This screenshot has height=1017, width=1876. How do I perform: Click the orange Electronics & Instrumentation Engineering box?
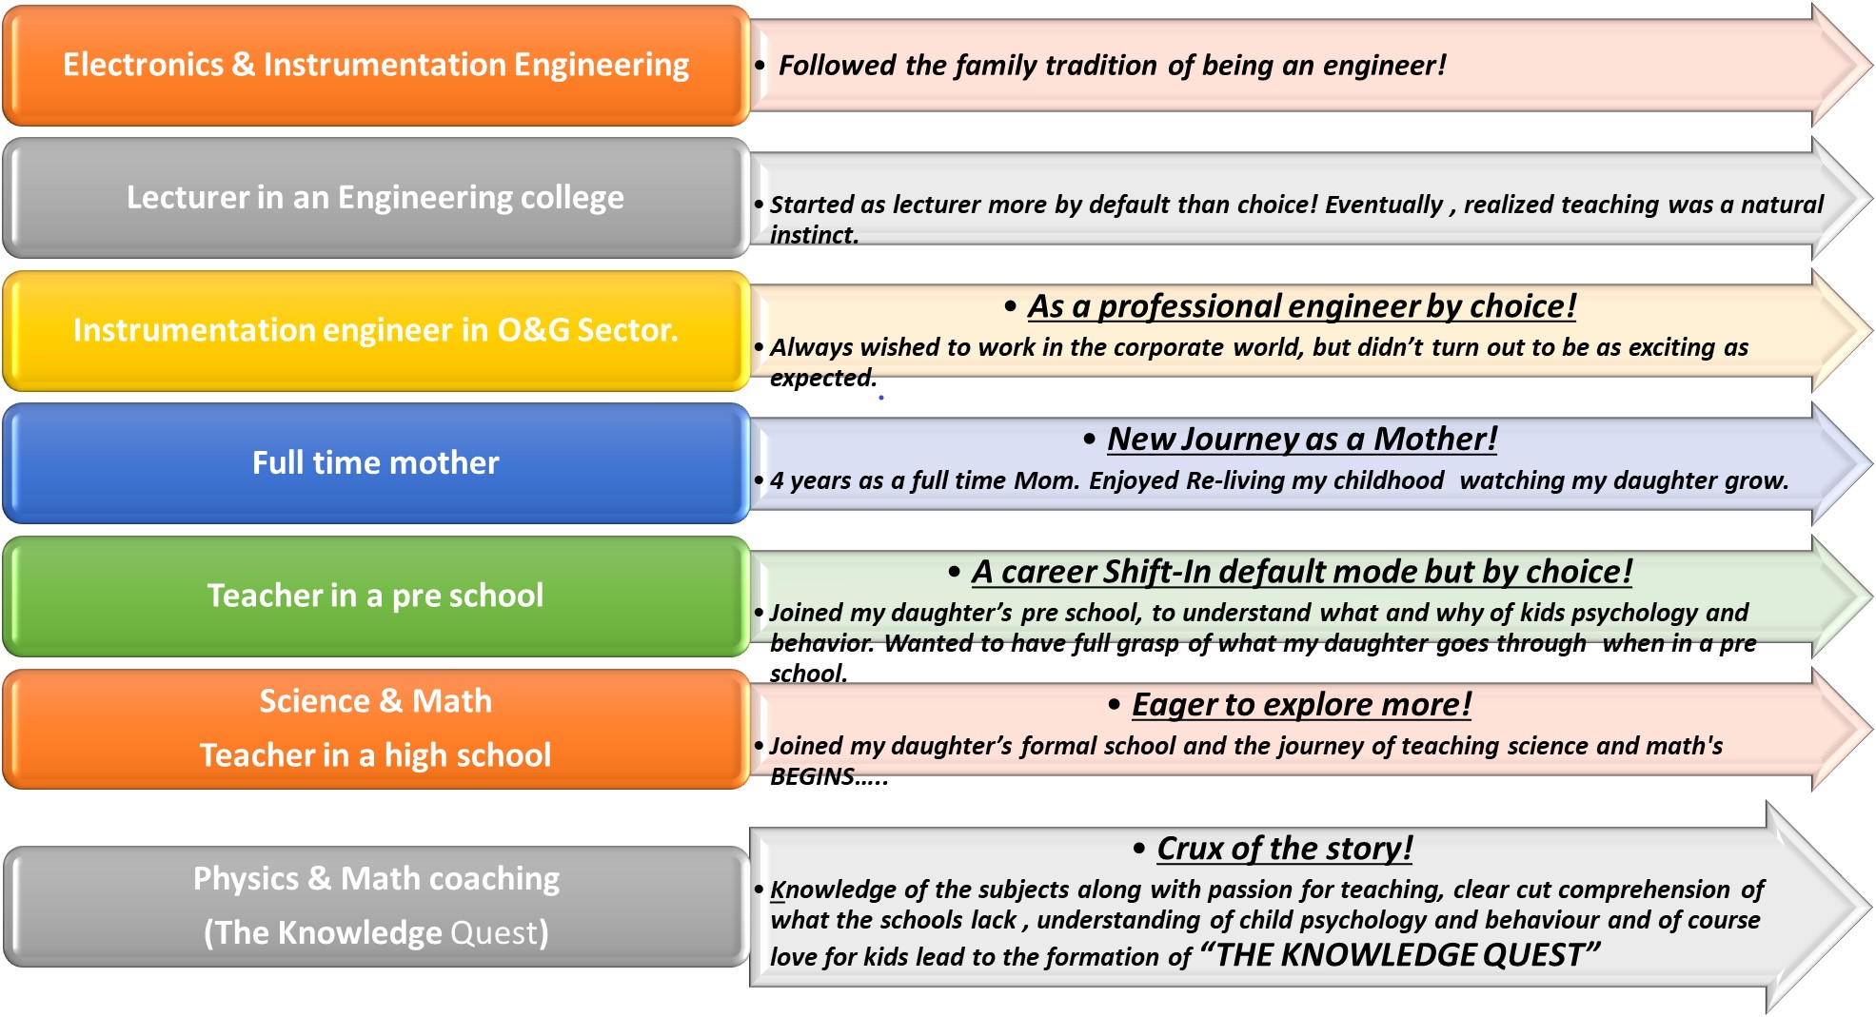click(376, 66)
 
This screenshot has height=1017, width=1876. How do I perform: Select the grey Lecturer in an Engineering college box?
click(376, 198)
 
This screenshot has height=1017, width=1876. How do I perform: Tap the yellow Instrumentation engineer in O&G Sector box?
click(376, 330)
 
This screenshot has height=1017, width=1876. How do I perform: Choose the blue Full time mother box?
click(376, 463)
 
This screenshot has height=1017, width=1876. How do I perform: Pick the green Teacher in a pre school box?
click(376, 597)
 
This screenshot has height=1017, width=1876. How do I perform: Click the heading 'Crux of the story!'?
click(1285, 848)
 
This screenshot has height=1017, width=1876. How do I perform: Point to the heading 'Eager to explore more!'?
click(1301, 705)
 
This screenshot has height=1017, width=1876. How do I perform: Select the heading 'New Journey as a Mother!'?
click(1302, 440)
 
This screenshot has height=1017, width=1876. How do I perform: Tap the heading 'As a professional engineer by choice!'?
click(1302, 306)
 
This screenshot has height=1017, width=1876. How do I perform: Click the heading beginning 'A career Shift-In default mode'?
click(1302, 572)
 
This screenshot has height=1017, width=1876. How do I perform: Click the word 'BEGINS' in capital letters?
click(812, 777)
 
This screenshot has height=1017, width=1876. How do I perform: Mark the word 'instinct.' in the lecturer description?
click(815, 235)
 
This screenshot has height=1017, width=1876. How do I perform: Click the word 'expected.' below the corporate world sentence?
click(823, 379)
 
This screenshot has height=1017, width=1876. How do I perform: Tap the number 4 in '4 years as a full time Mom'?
click(777, 480)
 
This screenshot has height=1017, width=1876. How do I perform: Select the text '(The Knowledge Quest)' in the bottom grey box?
click(376, 932)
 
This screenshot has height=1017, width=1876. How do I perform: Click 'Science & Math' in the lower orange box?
click(376, 701)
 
